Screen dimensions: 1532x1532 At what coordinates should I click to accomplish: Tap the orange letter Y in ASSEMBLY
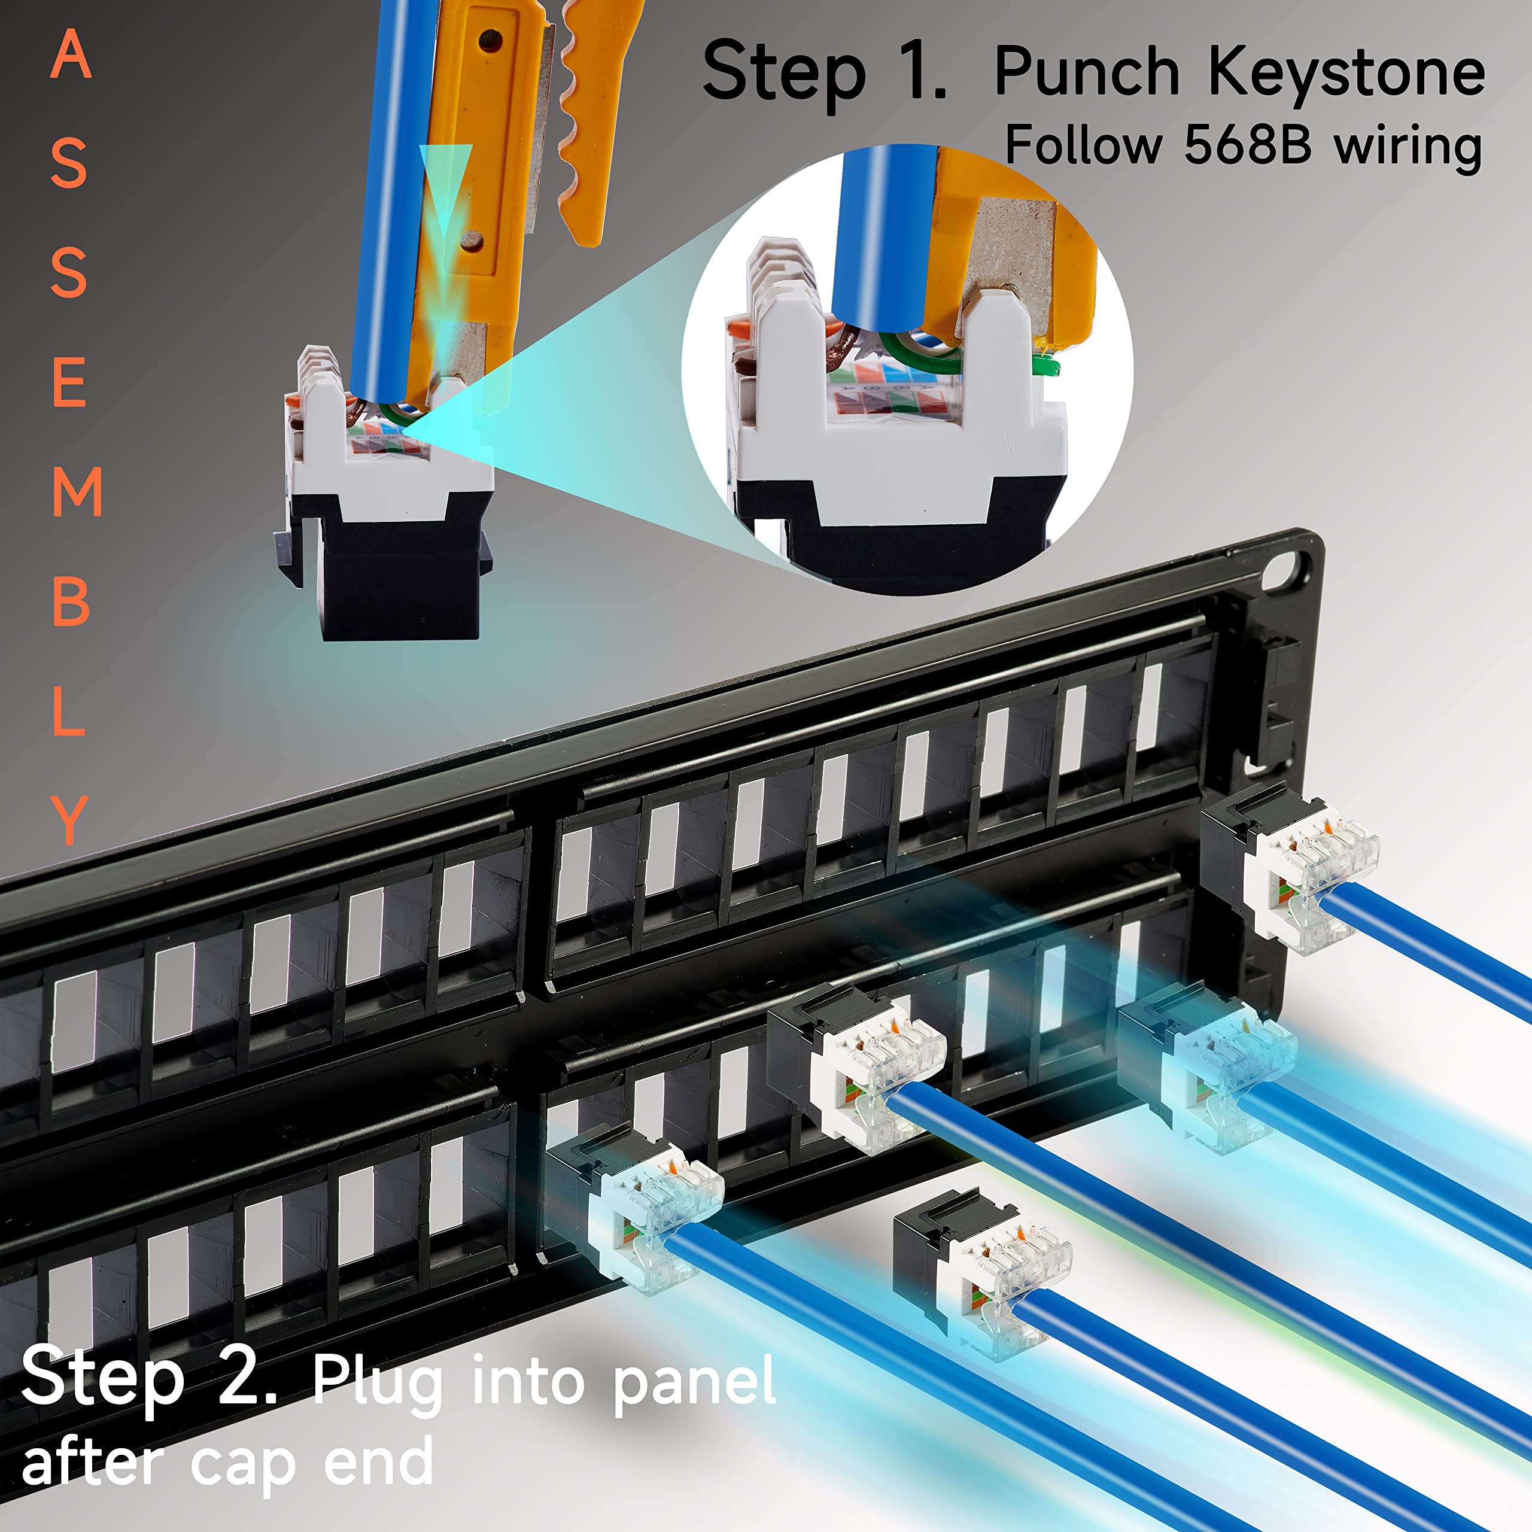(70, 820)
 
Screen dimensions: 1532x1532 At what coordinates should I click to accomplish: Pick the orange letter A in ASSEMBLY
(71, 56)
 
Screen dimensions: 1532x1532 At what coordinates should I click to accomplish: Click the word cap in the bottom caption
(242, 1464)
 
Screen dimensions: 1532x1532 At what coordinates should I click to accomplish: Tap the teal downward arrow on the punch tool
(446, 190)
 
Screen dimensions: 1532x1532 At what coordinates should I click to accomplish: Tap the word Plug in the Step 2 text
(376, 1383)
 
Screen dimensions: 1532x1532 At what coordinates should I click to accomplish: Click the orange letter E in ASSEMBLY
(70, 382)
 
